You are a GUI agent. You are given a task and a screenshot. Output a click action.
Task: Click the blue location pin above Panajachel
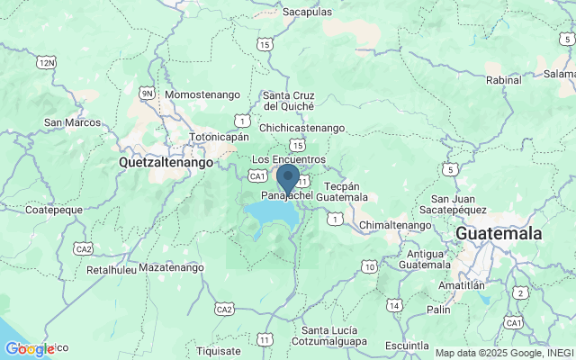click(288, 177)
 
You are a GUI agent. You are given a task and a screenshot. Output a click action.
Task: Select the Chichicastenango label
click(301, 128)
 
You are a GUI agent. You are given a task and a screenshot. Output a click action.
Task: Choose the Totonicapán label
click(218, 139)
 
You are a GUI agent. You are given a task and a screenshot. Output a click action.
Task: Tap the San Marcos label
click(71, 122)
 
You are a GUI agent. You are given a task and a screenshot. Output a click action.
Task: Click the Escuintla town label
click(406, 345)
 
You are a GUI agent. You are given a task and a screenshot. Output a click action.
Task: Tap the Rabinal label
click(503, 78)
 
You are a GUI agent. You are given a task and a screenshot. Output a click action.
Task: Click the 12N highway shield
click(47, 62)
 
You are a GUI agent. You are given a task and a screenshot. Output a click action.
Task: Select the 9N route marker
click(148, 93)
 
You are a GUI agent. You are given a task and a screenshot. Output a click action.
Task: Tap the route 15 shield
click(297, 144)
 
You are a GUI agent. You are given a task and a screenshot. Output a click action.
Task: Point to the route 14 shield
click(394, 306)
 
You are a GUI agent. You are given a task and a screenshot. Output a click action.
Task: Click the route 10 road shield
click(370, 266)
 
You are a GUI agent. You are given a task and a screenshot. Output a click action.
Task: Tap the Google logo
click(29, 349)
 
